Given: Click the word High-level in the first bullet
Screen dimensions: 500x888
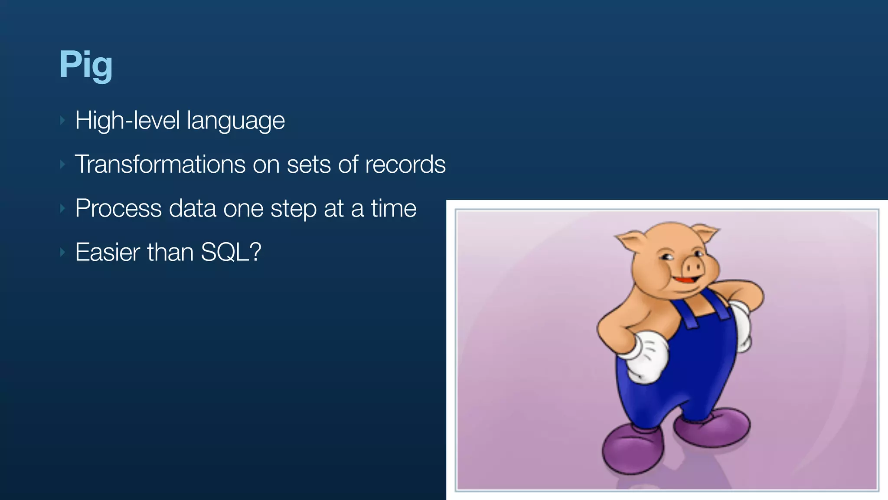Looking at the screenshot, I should [127, 120].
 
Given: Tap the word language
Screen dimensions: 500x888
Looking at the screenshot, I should [236, 121].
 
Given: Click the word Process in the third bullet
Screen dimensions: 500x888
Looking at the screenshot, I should [118, 208].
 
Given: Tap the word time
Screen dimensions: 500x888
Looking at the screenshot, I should [394, 208].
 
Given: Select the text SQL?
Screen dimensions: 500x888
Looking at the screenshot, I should [231, 252].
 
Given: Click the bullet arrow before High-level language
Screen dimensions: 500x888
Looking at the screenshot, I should [62, 121].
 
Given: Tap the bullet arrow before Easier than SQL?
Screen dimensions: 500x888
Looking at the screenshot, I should [62, 252].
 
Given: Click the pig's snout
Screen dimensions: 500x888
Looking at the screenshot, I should [692, 265].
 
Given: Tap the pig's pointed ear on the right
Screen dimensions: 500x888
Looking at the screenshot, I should [706, 232].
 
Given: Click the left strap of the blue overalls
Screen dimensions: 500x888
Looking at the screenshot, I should [687, 315].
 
